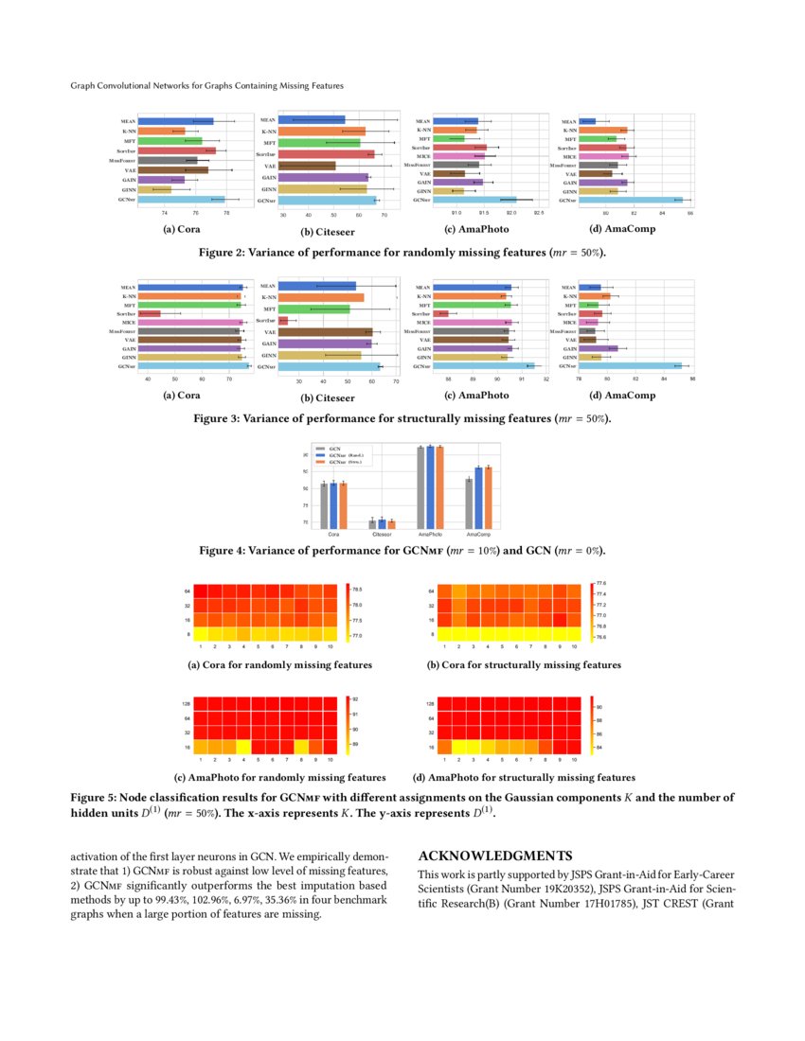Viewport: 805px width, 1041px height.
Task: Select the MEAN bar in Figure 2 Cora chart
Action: click(176, 121)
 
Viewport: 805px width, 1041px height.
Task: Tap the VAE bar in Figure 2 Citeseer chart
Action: click(309, 166)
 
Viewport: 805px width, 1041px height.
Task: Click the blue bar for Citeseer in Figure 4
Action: click(382, 523)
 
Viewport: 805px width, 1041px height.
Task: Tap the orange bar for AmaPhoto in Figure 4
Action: click(439, 486)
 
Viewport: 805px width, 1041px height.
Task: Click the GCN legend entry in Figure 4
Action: click(334, 448)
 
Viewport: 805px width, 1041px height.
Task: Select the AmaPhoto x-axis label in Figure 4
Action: click(430, 535)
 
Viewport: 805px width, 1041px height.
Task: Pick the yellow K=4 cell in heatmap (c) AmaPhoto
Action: click(243, 748)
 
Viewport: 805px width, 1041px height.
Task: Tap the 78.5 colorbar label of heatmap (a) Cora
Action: click(358, 589)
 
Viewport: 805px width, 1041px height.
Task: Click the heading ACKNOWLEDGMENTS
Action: click(494, 856)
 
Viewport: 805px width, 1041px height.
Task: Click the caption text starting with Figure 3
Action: click(402, 417)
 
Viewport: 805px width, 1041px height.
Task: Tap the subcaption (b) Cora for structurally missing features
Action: click(524, 665)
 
